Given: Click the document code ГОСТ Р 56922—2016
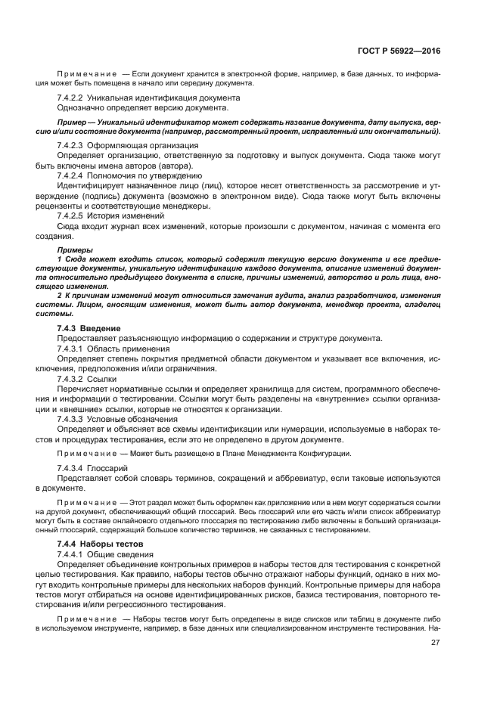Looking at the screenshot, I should point(400,51).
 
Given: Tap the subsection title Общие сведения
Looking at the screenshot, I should point(120,554).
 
